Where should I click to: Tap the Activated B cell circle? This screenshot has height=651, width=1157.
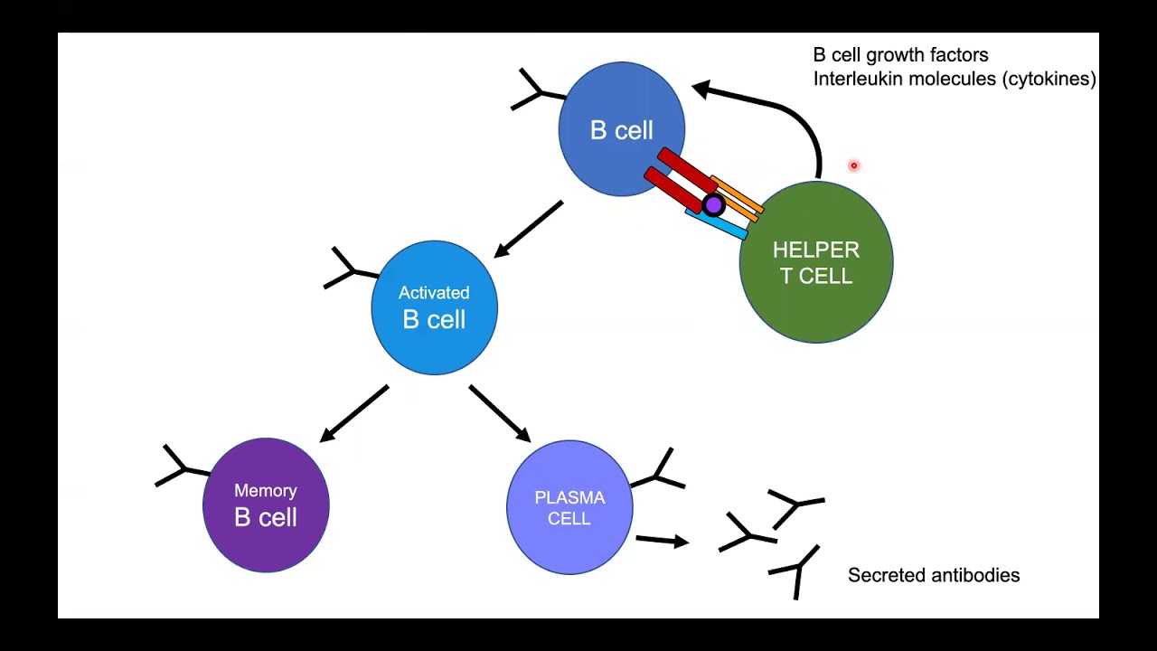point(434,307)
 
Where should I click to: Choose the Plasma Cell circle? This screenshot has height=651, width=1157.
point(569,507)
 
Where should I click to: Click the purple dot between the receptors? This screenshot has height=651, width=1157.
point(713,205)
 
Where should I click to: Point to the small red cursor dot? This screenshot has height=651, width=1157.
point(853,165)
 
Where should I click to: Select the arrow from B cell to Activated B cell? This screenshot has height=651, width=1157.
point(529,229)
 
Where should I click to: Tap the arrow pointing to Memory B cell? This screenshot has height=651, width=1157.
point(354,413)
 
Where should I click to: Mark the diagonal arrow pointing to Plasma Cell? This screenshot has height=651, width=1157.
point(499,413)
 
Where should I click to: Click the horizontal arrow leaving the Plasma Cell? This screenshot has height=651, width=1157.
point(662,541)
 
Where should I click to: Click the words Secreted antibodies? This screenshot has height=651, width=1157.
point(933,575)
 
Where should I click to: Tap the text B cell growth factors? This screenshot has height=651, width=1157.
point(900,55)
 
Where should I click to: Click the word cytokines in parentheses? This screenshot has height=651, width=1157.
point(1049,79)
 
